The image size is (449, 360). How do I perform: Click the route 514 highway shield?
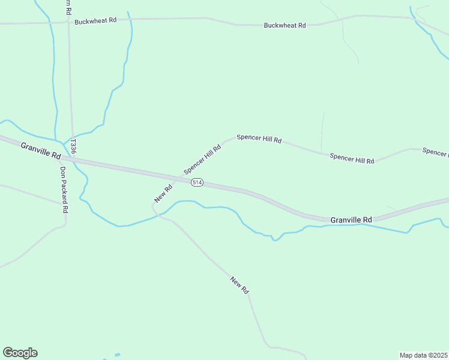pyautogui.click(x=197, y=182)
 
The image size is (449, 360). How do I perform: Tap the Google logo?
pyautogui.click(x=20, y=353)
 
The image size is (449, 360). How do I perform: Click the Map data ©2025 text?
pyautogui.click(x=423, y=355)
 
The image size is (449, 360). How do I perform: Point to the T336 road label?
pyautogui.click(x=73, y=146)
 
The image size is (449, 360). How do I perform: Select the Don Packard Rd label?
pyautogui.click(x=64, y=189)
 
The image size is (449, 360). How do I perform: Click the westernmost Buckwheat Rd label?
pyautogui.click(x=95, y=22)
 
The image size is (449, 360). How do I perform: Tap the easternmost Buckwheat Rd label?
pyautogui.click(x=285, y=26)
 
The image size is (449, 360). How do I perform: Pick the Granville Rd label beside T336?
pyautogui.click(x=41, y=151)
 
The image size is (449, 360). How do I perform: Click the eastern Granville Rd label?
pyautogui.click(x=351, y=220)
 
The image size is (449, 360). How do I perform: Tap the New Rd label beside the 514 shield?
pyautogui.click(x=163, y=193)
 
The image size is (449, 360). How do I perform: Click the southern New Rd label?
pyautogui.click(x=239, y=284)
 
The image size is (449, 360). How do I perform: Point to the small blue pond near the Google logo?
pyautogui.click(x=116, y=355)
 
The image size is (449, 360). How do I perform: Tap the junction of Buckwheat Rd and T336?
pyautogui.click(x=68, y=22)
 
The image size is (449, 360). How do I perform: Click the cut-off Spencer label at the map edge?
pyautogui.click(x=435, y=152)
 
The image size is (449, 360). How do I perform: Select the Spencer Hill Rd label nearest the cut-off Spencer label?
pyautogui.click(x=352, y=158)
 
